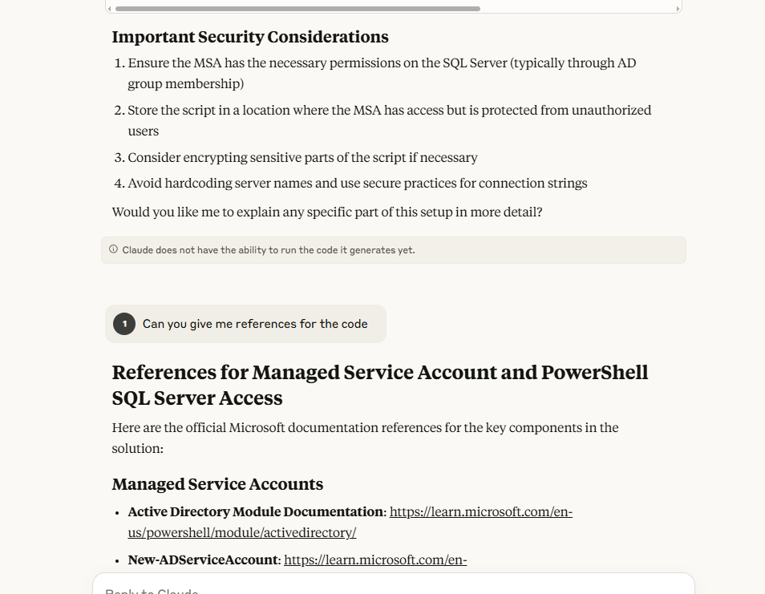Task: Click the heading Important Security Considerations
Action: (x=249, y=37)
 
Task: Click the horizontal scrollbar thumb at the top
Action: (x=297, y=9)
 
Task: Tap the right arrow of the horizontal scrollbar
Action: (x=678, y=9)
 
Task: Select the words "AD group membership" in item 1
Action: (x=185, y=83)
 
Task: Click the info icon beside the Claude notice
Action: (x=113, y=249)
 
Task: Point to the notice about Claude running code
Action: (x=269, y=250)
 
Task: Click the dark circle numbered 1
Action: (x=124, y=324)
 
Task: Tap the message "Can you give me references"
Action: (x=255, y=324)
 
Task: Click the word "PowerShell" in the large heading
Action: (x=594, y=373)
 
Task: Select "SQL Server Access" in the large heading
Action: (x=197, y=398)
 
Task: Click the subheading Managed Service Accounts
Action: (x=217, y=484)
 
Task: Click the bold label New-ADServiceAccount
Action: (x=203, y=560)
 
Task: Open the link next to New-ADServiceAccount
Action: (x=375, y=560)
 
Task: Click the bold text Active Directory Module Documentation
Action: (x=256, y=511)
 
